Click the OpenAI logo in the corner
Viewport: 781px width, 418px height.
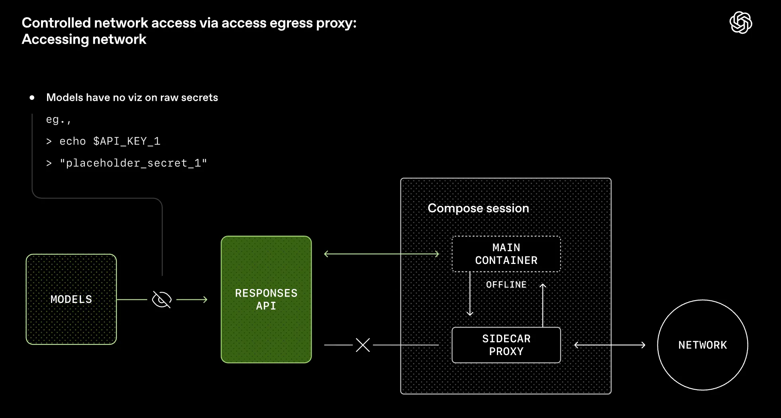[740, 23]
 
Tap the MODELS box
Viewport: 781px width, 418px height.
[71, 299]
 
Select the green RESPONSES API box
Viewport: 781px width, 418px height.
[266, 299]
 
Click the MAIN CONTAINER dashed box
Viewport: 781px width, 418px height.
[506, 254]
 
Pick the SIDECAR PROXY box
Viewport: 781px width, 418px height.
[506, 345]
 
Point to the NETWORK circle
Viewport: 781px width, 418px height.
[703, 345]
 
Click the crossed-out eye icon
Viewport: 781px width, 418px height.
[162, 299]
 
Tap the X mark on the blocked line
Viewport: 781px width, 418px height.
[363, 345]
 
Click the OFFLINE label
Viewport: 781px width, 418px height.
[506, 285]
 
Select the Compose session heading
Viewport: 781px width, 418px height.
[478, 208]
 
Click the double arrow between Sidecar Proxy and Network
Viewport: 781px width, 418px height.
[610, 345]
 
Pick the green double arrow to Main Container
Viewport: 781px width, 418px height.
[381, 254]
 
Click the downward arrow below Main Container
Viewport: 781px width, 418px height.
[470, 295]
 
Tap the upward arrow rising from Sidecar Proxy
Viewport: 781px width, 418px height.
[543, 305]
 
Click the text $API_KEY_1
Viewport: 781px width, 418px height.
[127, 141]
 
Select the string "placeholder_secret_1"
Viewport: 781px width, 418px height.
[133, 163]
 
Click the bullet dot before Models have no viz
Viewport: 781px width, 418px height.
[32, 98]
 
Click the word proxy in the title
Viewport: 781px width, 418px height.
[336, 23]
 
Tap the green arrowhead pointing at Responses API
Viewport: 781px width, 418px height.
[205, 299]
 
